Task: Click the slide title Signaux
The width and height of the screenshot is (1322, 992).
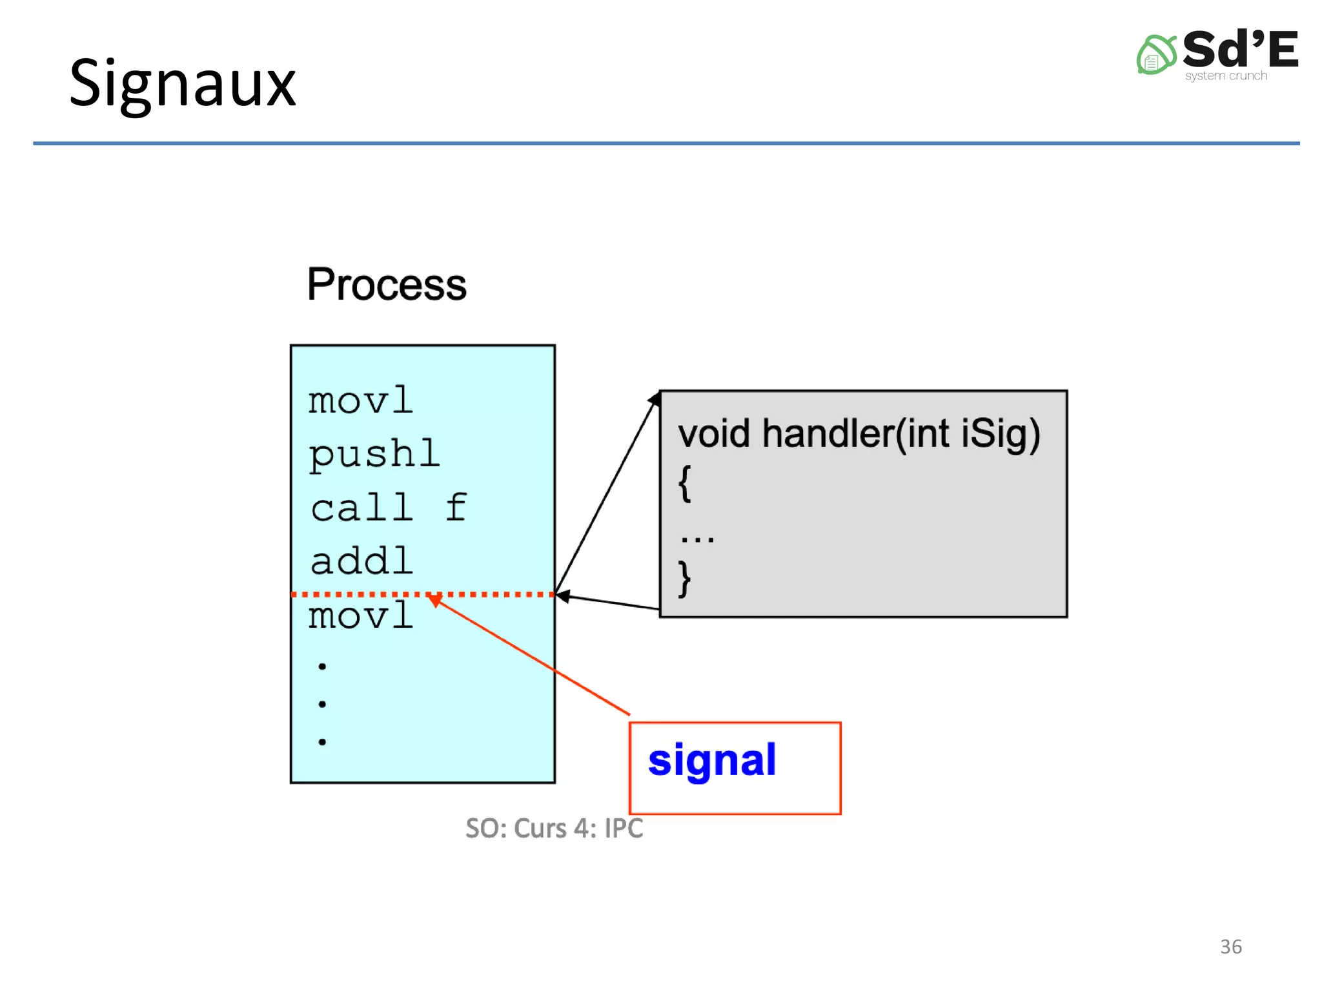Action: [x=182, y=84]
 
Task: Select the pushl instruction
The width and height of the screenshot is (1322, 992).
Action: [x=374, y=455]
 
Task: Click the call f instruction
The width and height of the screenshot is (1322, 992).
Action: [x=388, y=508]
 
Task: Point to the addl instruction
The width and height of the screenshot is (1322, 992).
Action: [x=361, y=561]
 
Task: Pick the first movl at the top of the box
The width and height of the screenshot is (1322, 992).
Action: [x=360, y=401]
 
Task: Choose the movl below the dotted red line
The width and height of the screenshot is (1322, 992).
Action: [x=360, y=615]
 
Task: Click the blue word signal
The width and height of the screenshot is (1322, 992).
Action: [x=712, y=761]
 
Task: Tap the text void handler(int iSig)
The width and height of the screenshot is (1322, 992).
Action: [x=859, y=433]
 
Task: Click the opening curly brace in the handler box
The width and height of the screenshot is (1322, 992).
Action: [x=685, y=483]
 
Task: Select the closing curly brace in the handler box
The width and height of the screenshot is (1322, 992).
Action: [x=685, y=579]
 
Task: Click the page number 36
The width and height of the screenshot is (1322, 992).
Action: [x=1230, y=946]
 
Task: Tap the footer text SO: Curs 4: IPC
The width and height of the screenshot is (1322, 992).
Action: [x=554, y=829]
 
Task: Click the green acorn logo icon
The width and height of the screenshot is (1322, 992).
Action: [x=1155, y=55]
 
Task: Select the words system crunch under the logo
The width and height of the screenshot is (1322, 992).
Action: [x=1226, y=76]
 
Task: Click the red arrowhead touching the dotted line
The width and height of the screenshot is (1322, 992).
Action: [x=435, y=600]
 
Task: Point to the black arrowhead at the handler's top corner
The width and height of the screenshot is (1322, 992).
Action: [x=655, y=398]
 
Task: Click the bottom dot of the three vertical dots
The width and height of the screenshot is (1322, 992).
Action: [x=322, y=741]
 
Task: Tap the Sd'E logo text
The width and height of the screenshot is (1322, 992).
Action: [x=1239, y=49]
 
